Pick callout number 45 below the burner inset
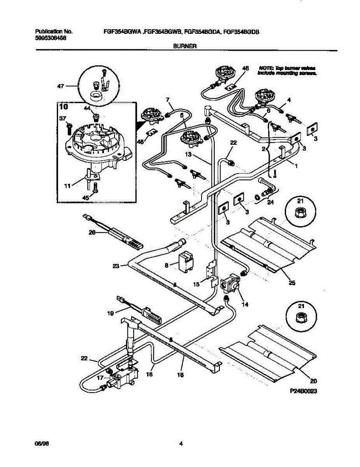85,198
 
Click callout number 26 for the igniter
92,233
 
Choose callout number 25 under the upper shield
292,283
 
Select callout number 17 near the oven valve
100,377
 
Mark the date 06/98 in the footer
40,443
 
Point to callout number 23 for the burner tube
116,266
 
